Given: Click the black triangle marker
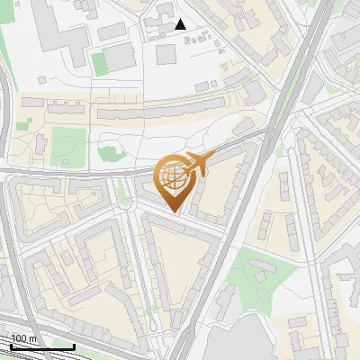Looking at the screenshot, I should (181, 24).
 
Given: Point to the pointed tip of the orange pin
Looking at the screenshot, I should (175, 212).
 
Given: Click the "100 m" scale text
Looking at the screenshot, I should (24, 337).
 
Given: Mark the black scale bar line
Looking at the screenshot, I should (41, 346).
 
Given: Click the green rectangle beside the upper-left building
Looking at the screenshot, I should (99, 61).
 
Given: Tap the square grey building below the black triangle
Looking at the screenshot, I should (166, 53).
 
